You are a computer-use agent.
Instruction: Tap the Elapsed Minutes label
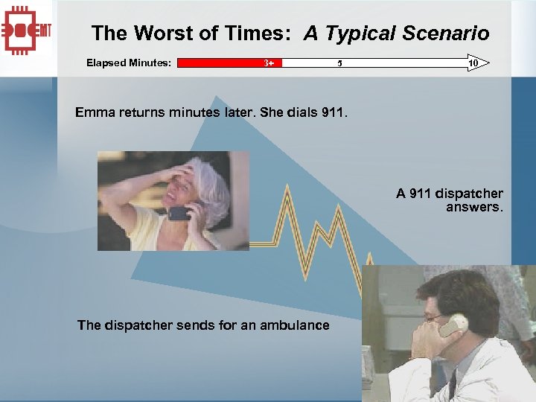[129, 63]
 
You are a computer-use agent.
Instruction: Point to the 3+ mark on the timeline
[269, 63]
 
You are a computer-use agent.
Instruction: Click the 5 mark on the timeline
[339, 63]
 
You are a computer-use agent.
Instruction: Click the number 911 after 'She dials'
[334, 113]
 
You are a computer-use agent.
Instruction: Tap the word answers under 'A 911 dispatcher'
[474, 207]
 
